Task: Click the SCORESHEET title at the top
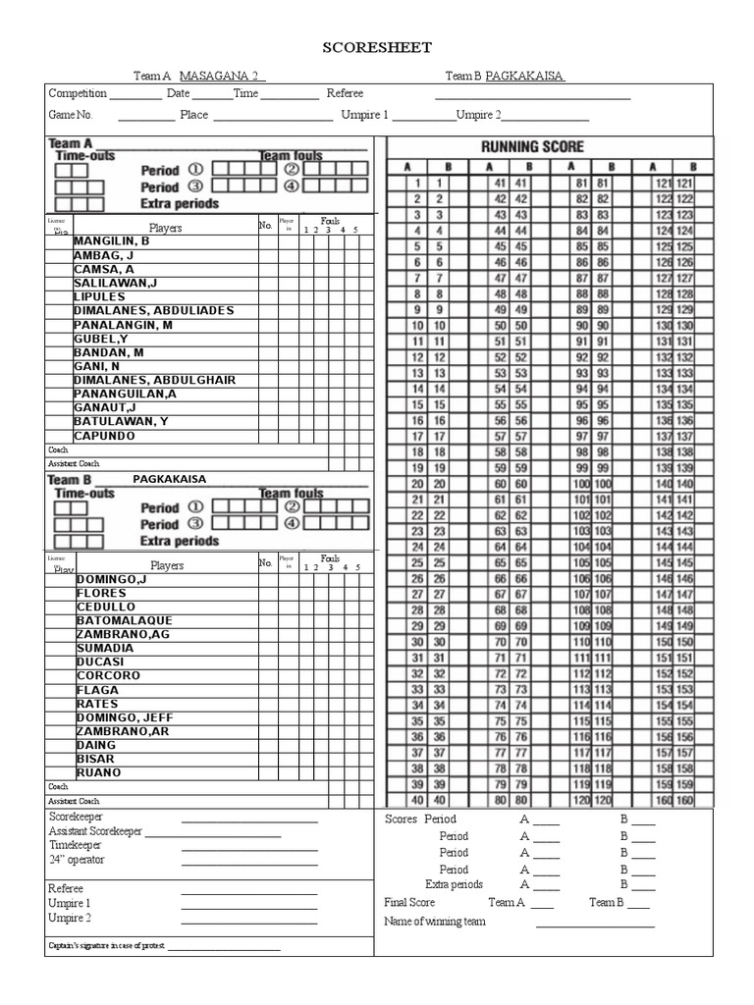pos(378,47)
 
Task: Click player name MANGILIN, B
pos(111,240)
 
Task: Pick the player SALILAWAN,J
pos(116,283)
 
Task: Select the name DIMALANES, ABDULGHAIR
pos(154,380)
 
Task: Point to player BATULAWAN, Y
pos(121,422)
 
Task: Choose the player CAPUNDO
pos(105,436)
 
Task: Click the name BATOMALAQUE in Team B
pos(125,620)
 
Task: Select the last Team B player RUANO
pos(99,772)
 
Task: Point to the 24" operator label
pos(77,860)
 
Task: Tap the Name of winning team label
pos(434,922)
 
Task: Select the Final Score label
pos(409,903)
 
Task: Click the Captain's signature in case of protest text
pos(107,946)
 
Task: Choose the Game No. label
pos(70,115)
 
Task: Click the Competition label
pos(78,93)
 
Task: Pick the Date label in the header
pos(178,93)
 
